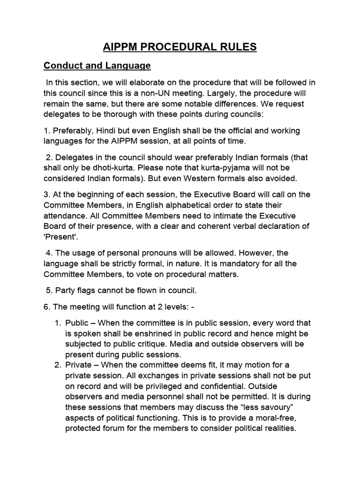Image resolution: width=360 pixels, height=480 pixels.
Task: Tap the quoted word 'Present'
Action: coord(61,239)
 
